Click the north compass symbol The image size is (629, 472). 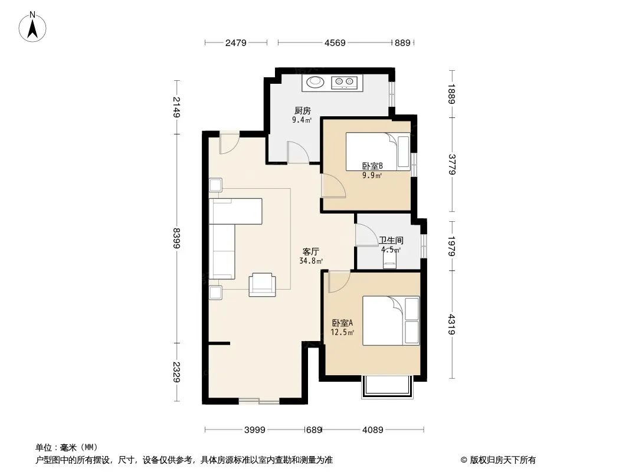[x=32, y=27]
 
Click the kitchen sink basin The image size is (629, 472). [x=315, y=82]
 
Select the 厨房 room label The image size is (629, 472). [x=303, y=111]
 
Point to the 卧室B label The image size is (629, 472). [x=372, y=166]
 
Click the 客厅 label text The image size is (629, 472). [x=310, y=252]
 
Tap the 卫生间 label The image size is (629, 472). [x=391, y=241]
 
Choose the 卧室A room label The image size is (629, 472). [x=342, y=323]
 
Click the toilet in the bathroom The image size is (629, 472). [x=389, y=259]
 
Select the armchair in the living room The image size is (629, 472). [x=262, y=284]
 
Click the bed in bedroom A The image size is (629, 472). [x=391, y=320]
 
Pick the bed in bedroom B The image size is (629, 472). [x=378, y=152]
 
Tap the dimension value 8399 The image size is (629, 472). [x=176, y=238]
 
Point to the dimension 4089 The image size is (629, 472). [x=373, y=430]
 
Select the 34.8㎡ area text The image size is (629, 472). [x=311, y=261]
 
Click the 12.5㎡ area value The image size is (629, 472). [x=342, y=332]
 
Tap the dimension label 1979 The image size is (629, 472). [x=451, y=246]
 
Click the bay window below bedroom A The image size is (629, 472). [x=388, y=386]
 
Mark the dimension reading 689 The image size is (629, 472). [x=314, y=430]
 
